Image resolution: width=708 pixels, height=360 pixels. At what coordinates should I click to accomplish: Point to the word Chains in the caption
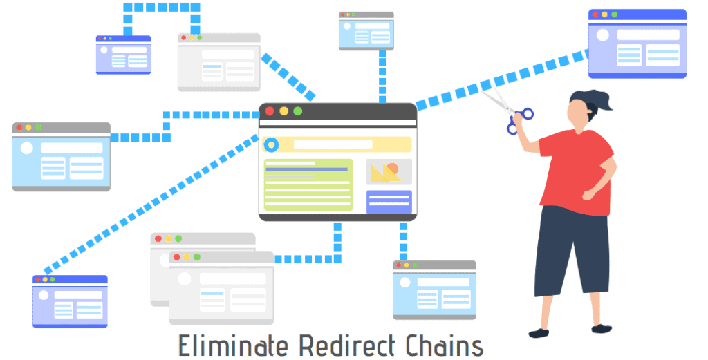[439, 345]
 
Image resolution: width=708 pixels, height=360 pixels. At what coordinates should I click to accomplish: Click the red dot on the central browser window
[270, 111]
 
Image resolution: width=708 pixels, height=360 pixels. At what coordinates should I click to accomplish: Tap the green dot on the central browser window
[298, 111]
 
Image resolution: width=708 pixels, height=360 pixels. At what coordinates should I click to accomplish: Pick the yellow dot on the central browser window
[283, 111]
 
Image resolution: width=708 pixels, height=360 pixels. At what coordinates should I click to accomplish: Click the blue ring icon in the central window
[271, 144]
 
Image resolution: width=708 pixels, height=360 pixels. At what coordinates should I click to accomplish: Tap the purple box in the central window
[389, 202]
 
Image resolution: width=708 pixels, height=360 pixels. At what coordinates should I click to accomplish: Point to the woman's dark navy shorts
[571, 249]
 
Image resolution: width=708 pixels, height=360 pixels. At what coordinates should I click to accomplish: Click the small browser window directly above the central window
[366, 31]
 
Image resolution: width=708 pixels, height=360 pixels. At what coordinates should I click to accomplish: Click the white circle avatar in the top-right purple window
[603, 35]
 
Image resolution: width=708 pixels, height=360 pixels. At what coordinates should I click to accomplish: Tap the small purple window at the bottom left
[70, 301]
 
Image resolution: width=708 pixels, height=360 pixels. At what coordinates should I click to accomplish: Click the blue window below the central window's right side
[434, 290]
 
